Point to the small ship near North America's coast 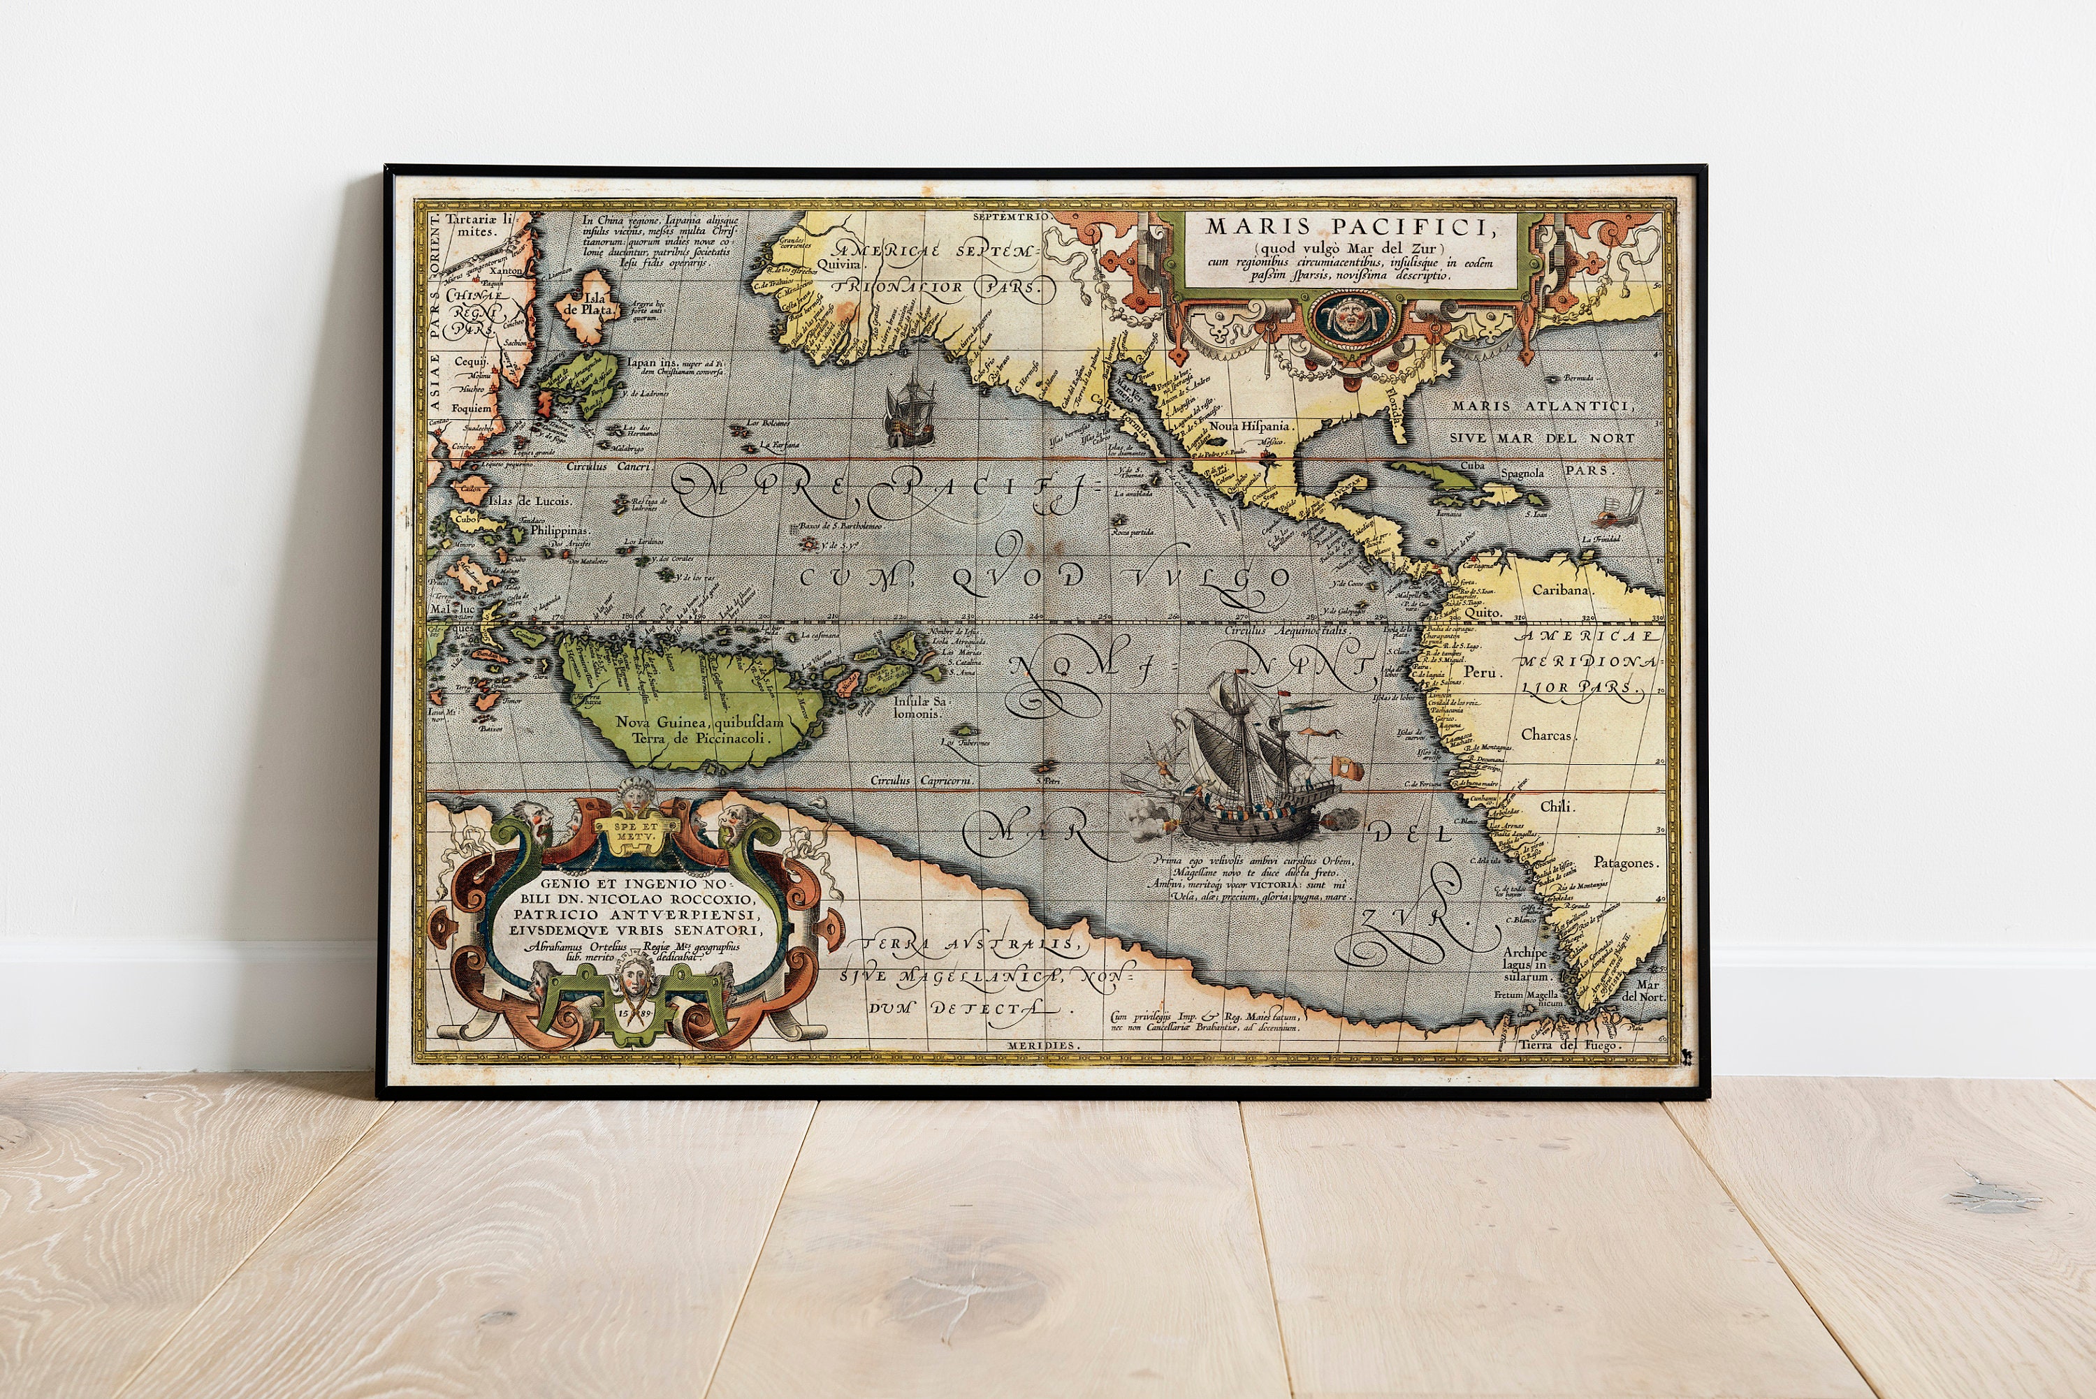pos(908,413)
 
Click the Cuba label pos(1471,465)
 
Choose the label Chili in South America pos(1558,807)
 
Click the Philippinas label pos(560,529)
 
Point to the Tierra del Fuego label pos(1571,1045)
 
